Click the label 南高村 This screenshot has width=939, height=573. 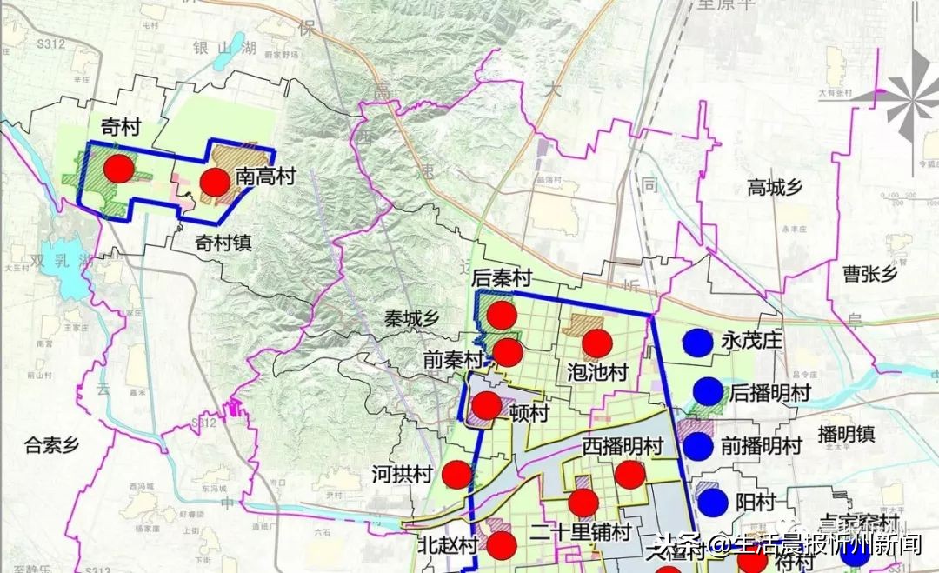(265, 177)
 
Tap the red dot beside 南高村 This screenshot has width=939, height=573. (215, 182)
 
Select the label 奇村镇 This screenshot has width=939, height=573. (223, 243)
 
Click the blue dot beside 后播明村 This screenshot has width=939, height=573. (708, 393)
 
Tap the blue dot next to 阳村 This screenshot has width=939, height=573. (713, 502)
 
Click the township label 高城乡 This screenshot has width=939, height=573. (774, 187)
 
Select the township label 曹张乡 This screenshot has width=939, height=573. (869, 274)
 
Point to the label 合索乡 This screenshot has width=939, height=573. (51, 447)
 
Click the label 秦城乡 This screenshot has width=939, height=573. (413, 318)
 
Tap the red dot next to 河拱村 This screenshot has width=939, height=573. (456, 475)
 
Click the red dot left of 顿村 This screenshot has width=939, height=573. (486, 405)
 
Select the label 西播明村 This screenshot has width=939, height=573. (622, 447)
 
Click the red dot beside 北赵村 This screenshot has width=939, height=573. (502, 545)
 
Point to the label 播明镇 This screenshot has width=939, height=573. (846, 433)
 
